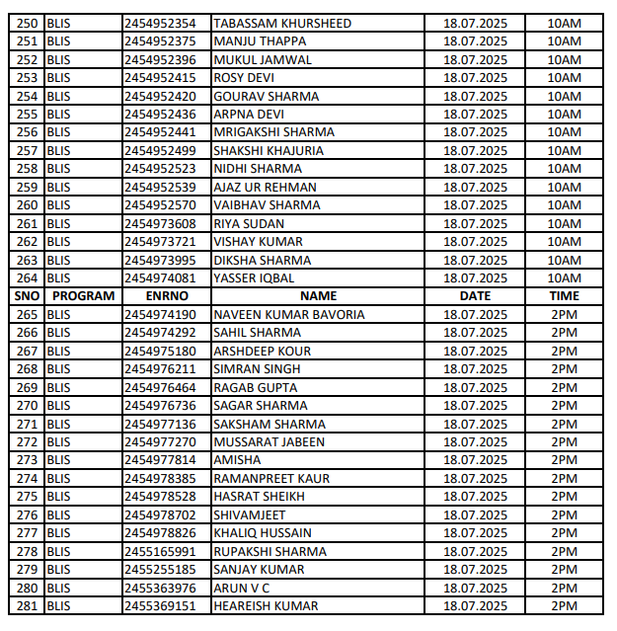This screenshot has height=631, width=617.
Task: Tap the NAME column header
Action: [x=318, y=296]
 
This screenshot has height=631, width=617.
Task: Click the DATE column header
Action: [x=475, y=296]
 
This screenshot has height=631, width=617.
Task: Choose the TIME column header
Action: [x=565, y=296]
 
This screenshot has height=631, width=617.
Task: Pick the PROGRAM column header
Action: [x=83, y=296]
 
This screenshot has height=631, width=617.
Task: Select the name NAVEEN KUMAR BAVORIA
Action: [x=289, y=315]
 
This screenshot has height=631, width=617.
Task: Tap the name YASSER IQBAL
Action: [x=256, y=278]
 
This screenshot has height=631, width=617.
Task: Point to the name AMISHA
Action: [x=238, y=460]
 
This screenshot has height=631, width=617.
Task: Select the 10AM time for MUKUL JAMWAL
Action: [x=565, y=59]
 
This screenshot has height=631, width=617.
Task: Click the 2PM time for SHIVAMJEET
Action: [x=565, y=515]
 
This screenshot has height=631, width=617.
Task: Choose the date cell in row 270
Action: [x=475, y=406]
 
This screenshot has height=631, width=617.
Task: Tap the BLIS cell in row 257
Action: [x=59, y=150]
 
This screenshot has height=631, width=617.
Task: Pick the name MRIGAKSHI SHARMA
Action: [x=273, y=132]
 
